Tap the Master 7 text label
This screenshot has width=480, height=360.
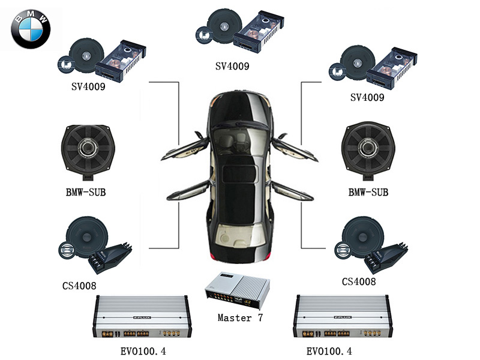pyautogui.click(x=240, y=317)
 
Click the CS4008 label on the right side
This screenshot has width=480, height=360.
pyautogui.click(x=359, y=281)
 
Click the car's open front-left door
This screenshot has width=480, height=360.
pyautogui.click(x=187, y=148)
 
